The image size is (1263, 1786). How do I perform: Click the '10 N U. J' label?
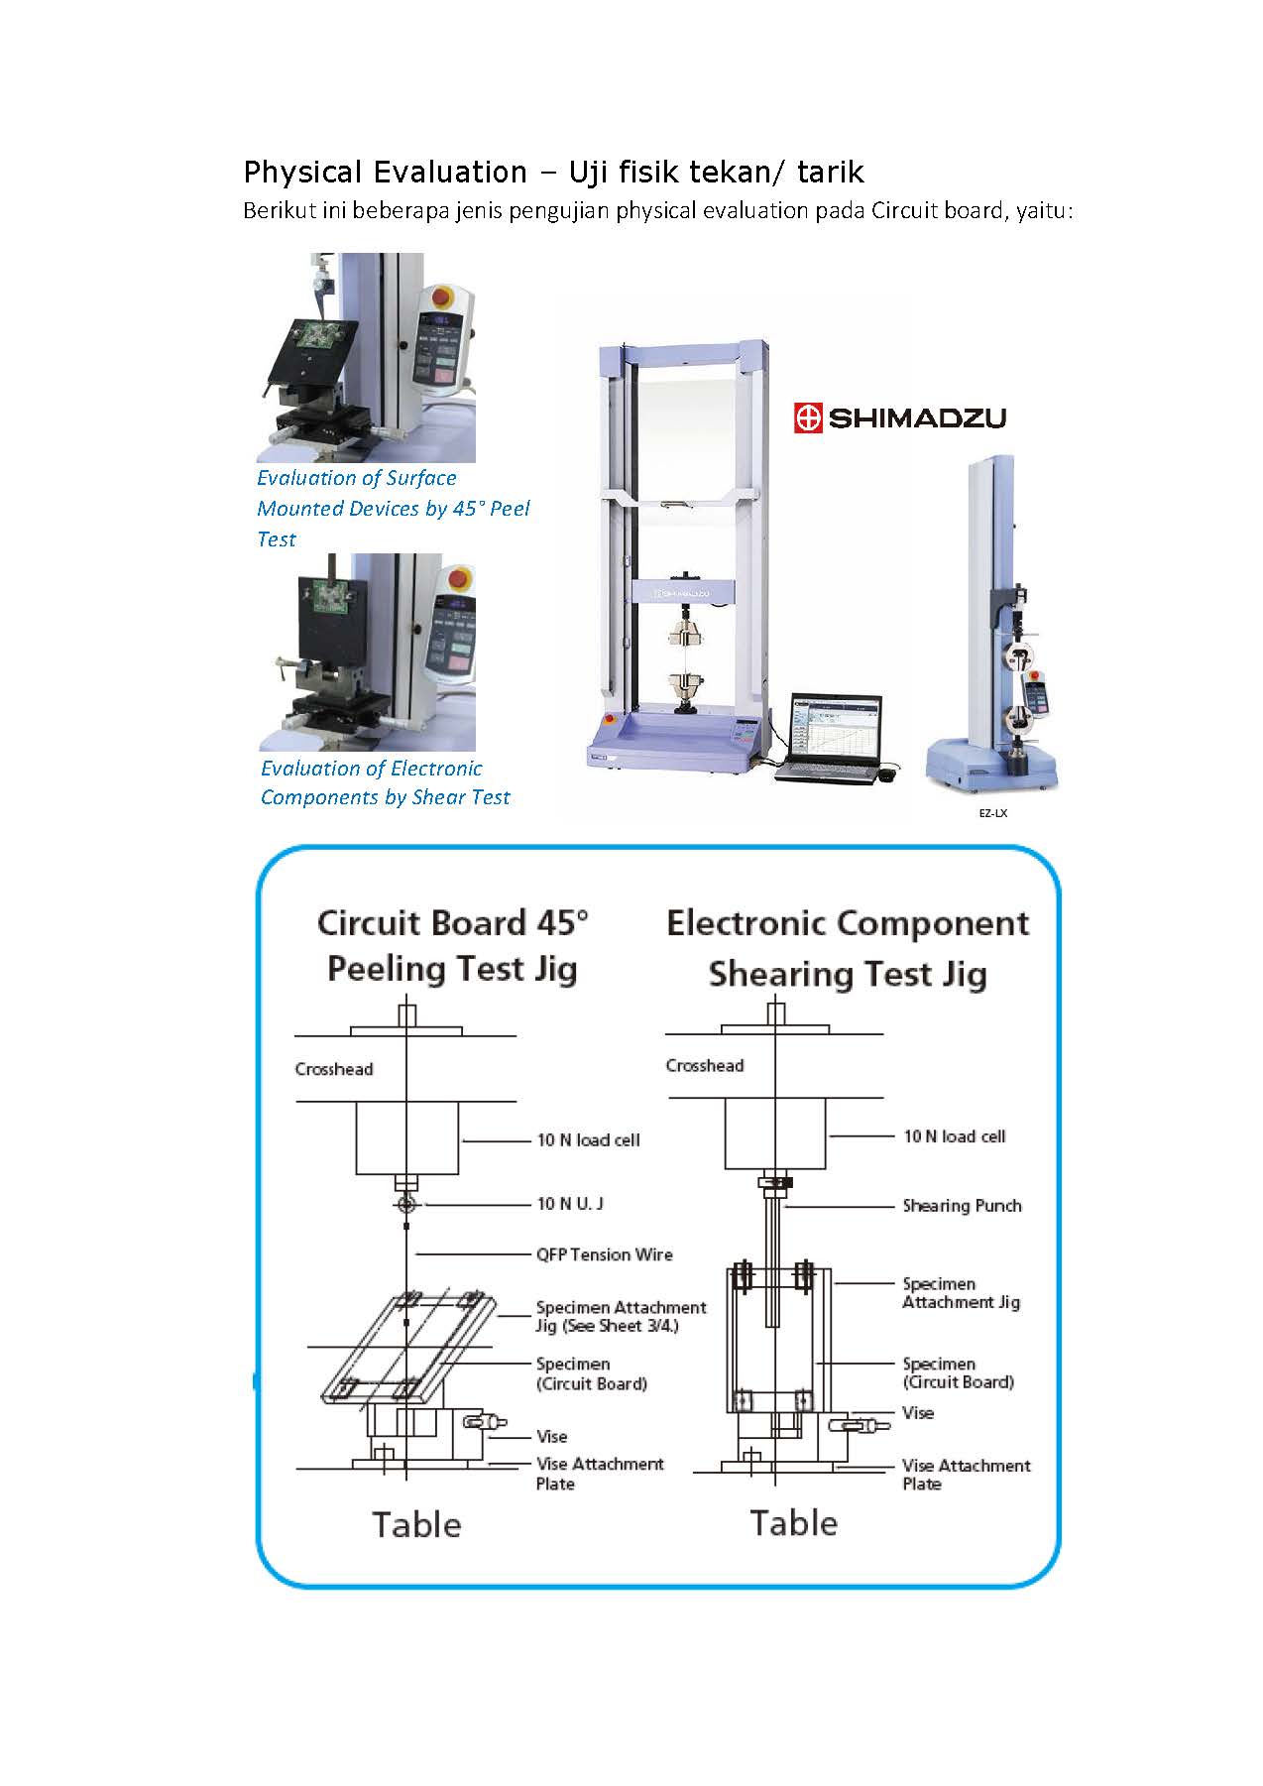tap(570, 1203)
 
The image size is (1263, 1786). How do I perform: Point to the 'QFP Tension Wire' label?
tap(605, 1254)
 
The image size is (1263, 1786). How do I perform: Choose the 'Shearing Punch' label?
tap(962, 1206)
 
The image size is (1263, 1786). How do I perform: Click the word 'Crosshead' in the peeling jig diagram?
tap(334, 1069)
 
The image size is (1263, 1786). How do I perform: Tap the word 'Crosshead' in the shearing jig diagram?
tap(705, 1065)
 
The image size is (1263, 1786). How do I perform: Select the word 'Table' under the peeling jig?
tap(416, 1524)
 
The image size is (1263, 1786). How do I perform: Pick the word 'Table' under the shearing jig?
tap(793, 1522)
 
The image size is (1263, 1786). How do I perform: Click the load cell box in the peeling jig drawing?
tap(407, 1137)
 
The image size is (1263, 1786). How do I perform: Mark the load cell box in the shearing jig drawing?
tap(775, 1133)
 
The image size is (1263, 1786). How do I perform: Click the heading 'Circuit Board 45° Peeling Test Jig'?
tap(453, 945)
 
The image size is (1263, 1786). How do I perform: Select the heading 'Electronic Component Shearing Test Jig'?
tap(848, 948)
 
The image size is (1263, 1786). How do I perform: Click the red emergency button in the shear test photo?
tap(461, 578)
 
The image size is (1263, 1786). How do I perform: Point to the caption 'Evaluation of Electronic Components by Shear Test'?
tap(386, 782)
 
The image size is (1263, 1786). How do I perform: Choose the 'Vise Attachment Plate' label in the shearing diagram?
tap(967, 1475)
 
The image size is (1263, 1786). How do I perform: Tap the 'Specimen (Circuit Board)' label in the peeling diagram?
tap(592, 1373)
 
